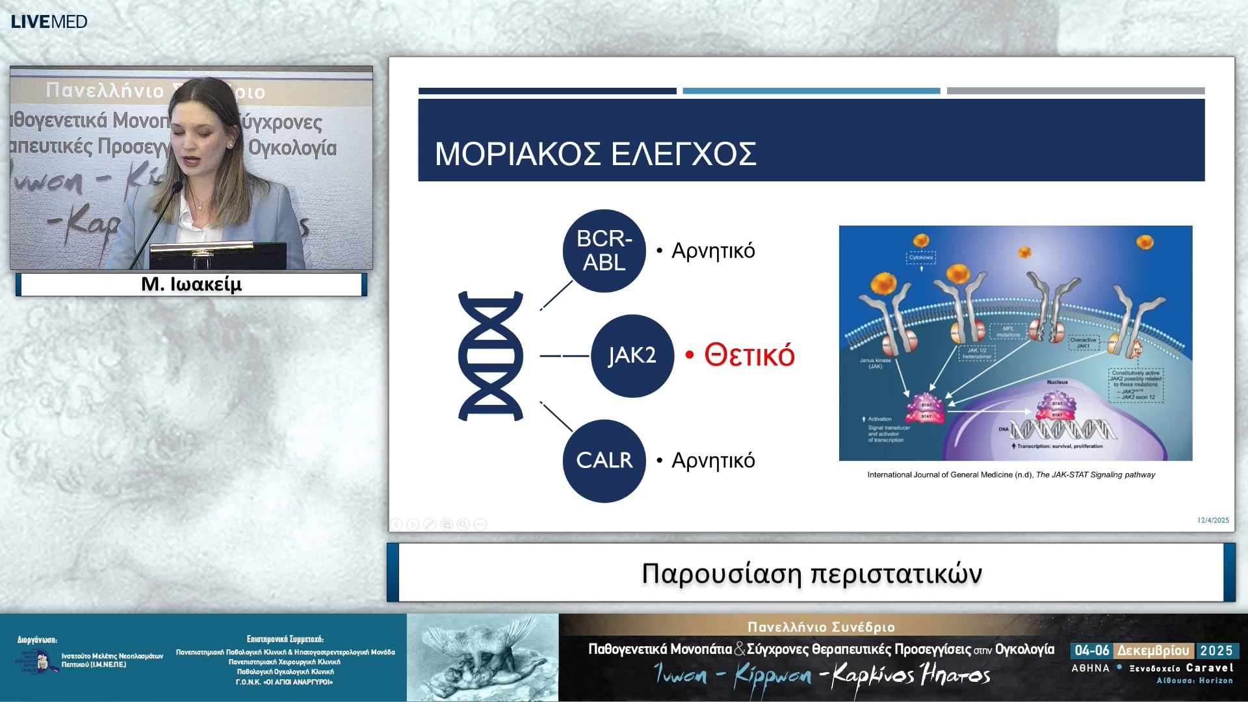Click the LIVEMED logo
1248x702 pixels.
pyautogui.click(x=49, y=21)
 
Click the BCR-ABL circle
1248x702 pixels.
pyautogui.click(x=604, y=251)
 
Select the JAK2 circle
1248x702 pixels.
pyautogui.click(x=632, y=356)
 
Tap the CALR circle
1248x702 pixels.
pyautogui.click(x=604, y=460)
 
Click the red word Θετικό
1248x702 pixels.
pyautogui.click(x=749, y=356)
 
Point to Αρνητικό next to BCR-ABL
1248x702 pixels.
pyautogui.click(x=712, y=251)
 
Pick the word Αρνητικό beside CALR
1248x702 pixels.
pyautogui.click(x=712, y=460)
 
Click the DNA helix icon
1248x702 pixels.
pyautogui.click(x=491, y=356)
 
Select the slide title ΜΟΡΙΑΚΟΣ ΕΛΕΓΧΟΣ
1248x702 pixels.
pyautogui.click(x=595, y=155)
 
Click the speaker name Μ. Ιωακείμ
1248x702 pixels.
pyautogui.click(x=191, y=285)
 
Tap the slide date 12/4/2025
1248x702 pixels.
pyautogui.click(x=1213, y=520)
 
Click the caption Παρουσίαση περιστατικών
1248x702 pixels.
pyautogui.click(x=811, y=573)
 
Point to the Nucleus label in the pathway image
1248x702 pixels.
pyautogui.click(x=1057, y=382)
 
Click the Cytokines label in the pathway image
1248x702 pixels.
pyautogui.click(x=920, y=257)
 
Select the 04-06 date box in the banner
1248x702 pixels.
pyautogui.click(x=1091, y=651)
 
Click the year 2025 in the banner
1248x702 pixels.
pyautogui.click(x=1216, y=651)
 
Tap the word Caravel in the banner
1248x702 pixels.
pyautogui.click(x=1209, y=668)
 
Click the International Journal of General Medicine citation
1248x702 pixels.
pyautogui.click(x=1011, y=474)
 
